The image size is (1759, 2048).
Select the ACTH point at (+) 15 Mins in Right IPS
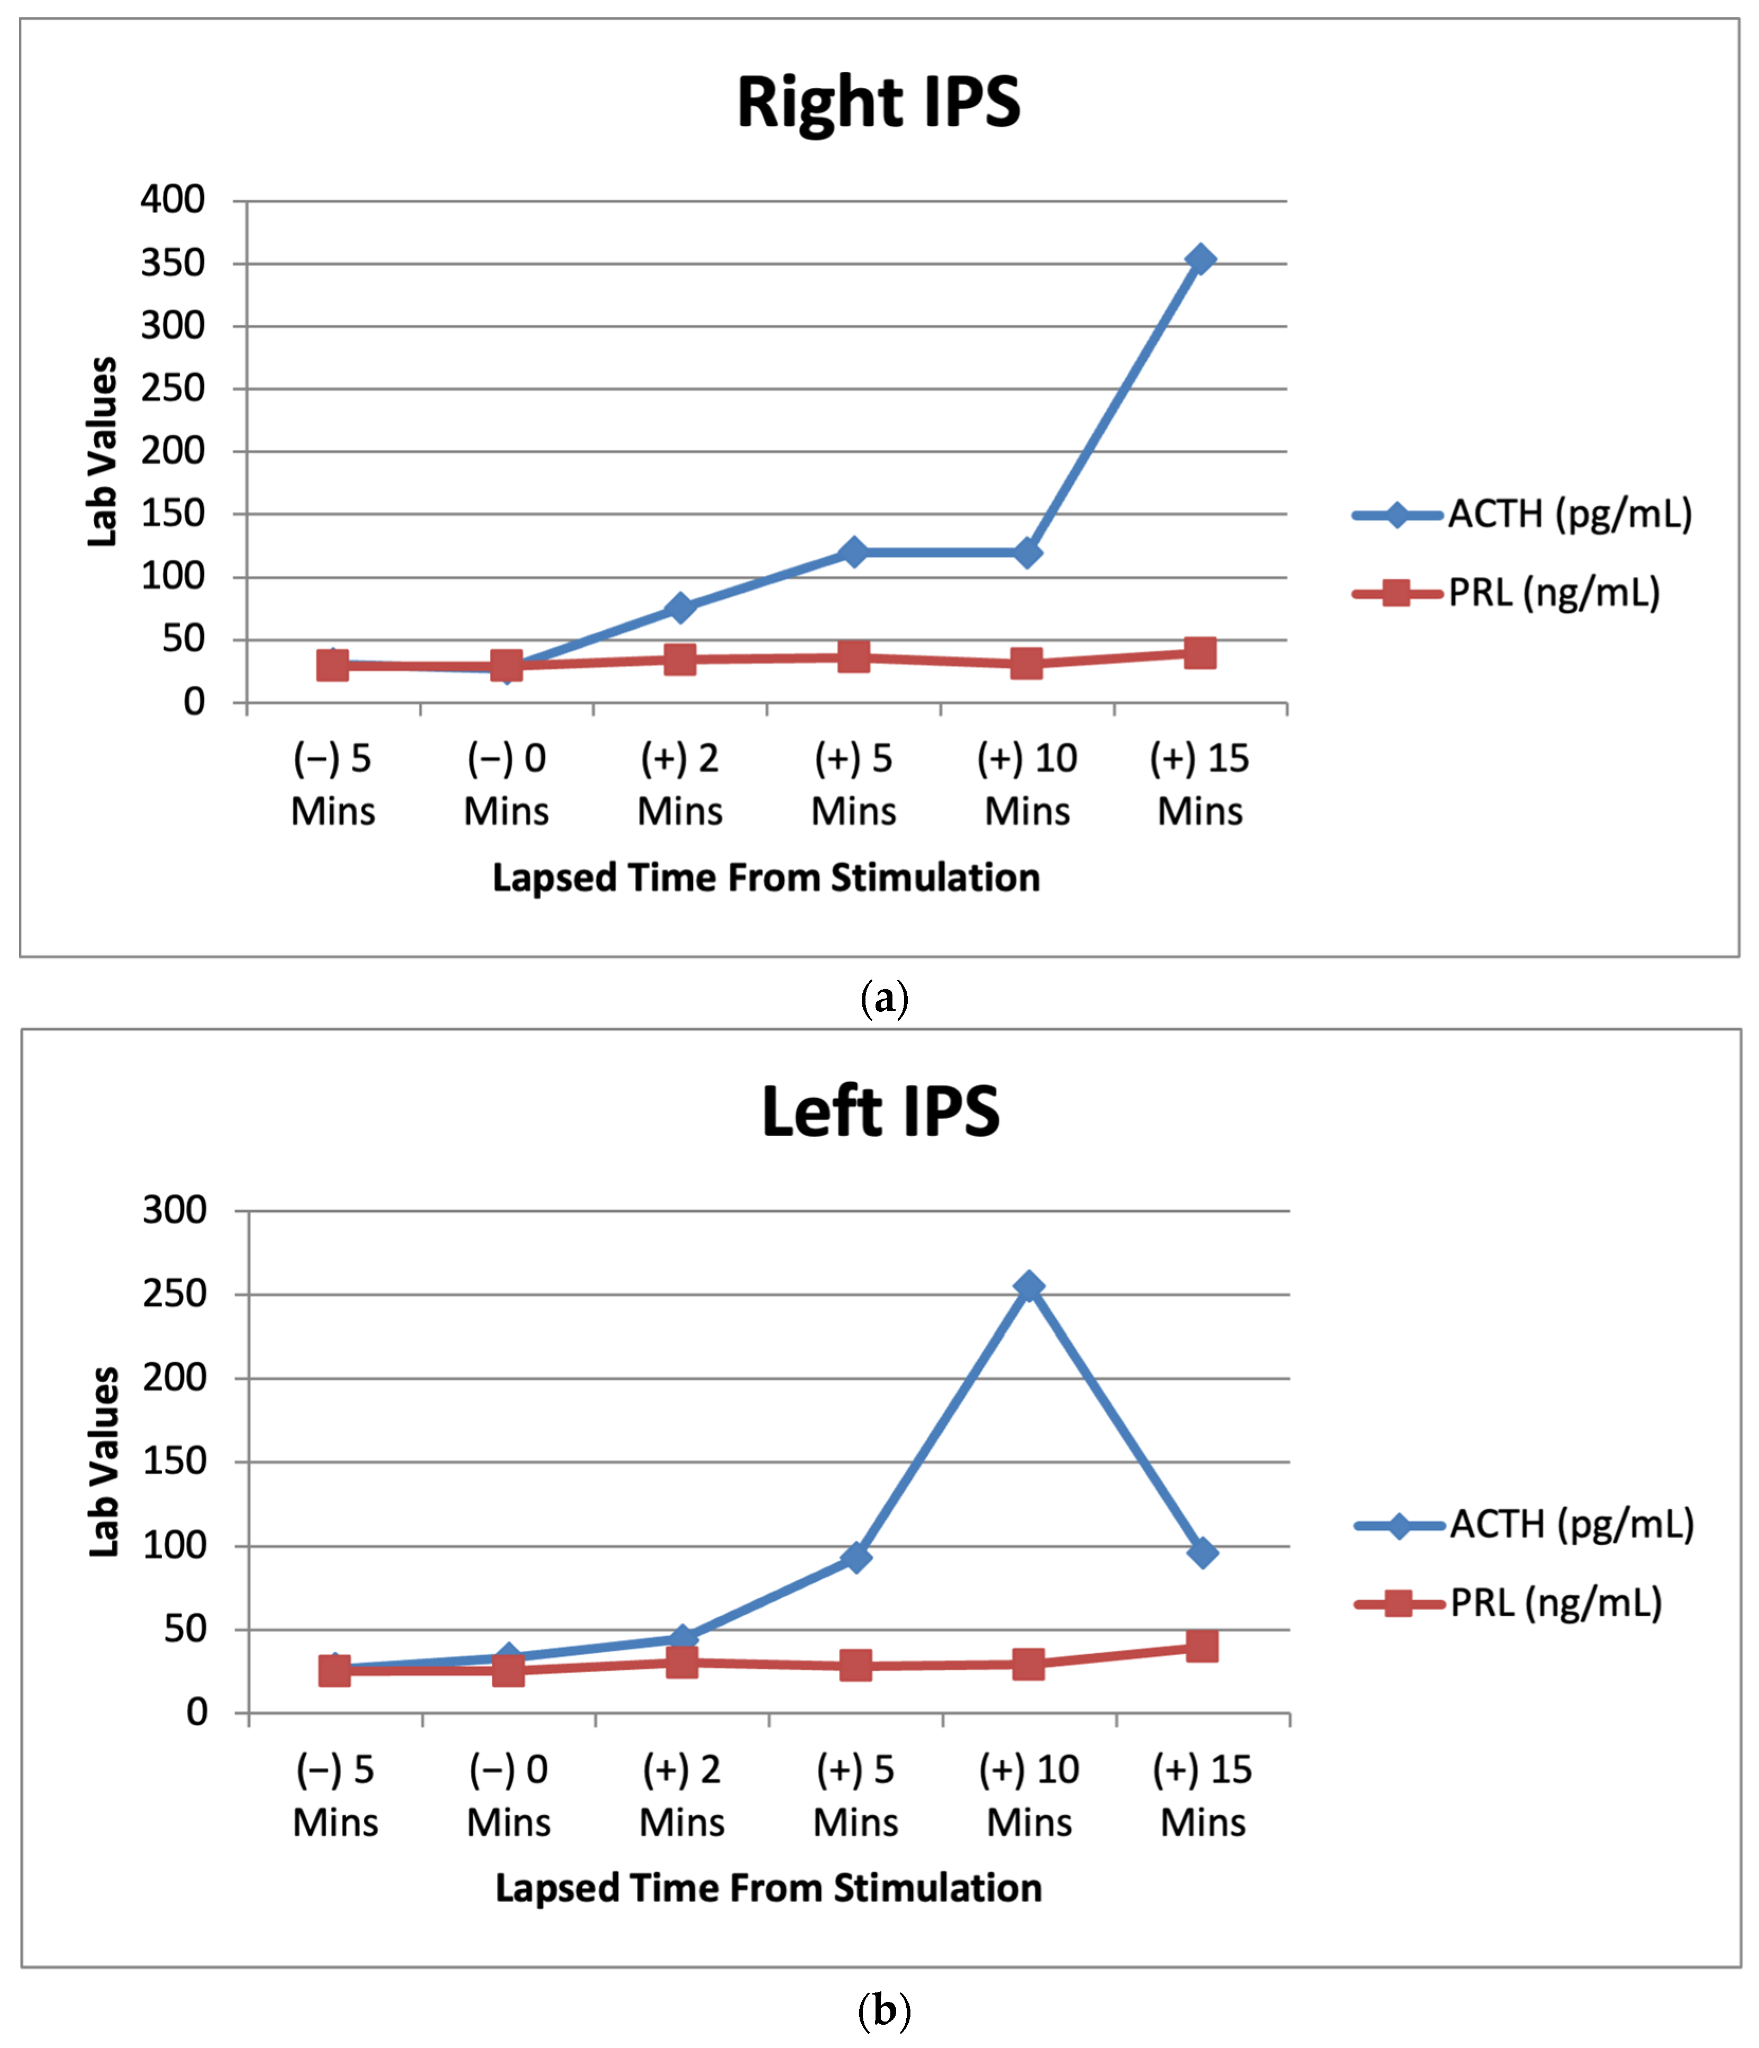tap(1200, 260)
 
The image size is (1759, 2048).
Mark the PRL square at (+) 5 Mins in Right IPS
tap(854, 656)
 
